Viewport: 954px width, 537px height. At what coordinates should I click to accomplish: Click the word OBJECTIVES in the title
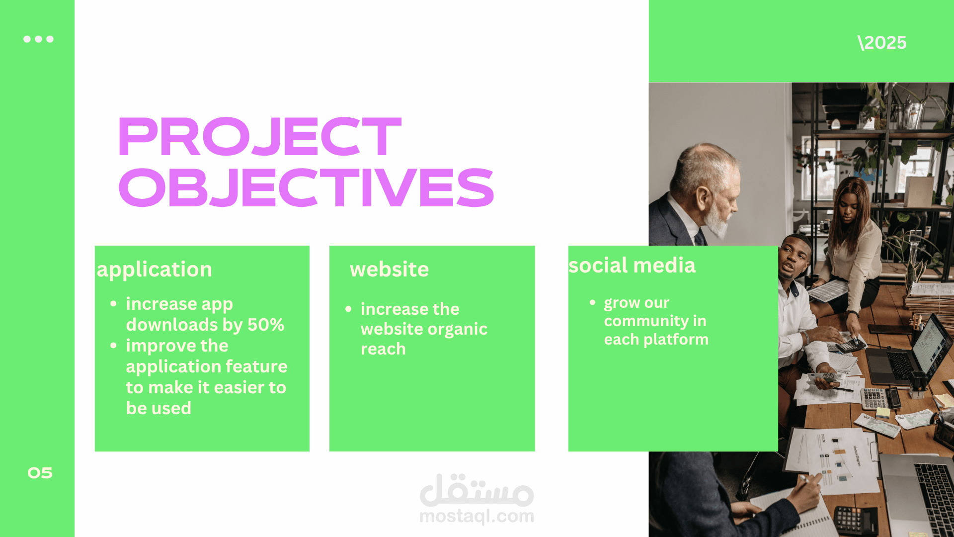click(x=306, y=187)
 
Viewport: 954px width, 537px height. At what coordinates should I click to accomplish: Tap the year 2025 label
click(x=882, y=43)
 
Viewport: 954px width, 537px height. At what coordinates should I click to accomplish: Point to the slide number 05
click(x=40, y=473)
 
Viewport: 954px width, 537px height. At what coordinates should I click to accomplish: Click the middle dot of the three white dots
click(x=38, y=39)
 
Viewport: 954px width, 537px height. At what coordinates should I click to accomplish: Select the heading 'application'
click(x=155, y=270)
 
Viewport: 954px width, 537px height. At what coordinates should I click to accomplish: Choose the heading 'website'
click(x=389, y=269)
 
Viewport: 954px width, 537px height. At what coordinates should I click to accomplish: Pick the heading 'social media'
click(x=632, y=266)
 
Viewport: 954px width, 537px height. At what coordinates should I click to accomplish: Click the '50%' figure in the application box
click(x=266, y=325)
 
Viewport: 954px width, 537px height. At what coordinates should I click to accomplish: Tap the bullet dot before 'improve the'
click(x=114, y=345)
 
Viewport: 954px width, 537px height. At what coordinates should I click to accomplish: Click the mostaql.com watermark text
click(x=477, y=516)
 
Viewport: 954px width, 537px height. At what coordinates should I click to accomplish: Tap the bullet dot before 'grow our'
click(x=592, y=302)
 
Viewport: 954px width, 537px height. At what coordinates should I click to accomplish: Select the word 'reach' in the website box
click(x=383, y=349)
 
